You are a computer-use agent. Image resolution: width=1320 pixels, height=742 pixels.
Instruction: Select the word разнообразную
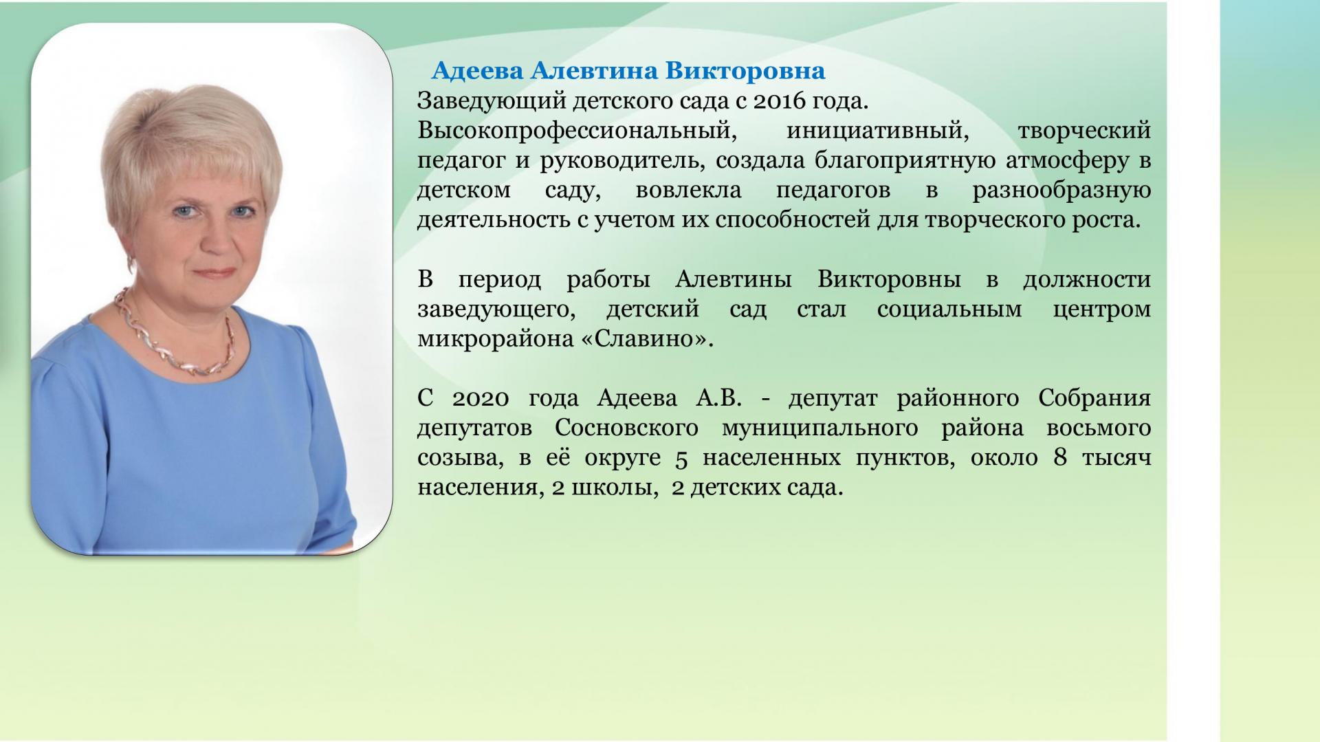pyautogui.click(x=1061, y=190)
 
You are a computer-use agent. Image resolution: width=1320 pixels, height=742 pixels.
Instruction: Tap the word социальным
pyautogui.click(x=949, y=309)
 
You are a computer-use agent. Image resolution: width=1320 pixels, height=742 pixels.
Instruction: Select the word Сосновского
pyautogui.click(x=626, y=428)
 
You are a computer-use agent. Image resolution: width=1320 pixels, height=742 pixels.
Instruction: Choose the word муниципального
pyautogui.click(x=819, y=428)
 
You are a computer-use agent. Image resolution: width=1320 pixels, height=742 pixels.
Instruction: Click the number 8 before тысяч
pyautogui.click(x=1059, y=458)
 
